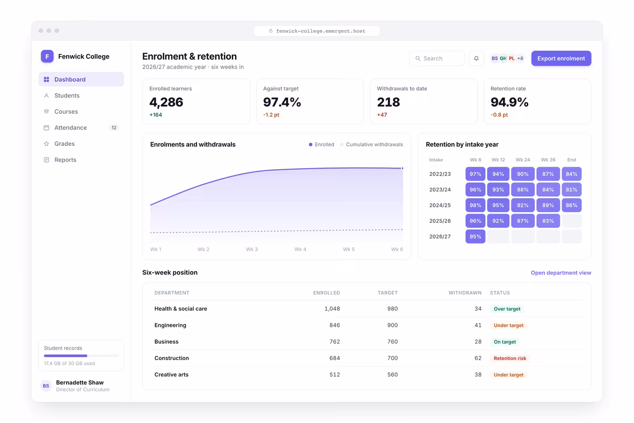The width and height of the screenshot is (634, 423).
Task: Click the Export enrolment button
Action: pyautogui.click(x=561, y=58)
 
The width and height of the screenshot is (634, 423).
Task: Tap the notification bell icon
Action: pyautogui.click(x=477, y=58)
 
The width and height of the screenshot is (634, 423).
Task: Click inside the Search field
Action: pyautogui.click(x=437, y=58)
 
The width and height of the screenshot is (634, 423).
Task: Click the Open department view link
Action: pyautogui.click(x=561, y=272)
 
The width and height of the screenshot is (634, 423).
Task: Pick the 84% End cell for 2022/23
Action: pyautogui.click(x=572, y=174)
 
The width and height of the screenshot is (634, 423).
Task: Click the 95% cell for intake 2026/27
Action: pyautogui.click(x=475, y=236)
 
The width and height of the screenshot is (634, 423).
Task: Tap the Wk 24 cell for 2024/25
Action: pyautogui.click(x=523, y=205)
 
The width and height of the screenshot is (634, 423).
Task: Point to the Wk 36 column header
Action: pyautogui.click(x=548, y=160)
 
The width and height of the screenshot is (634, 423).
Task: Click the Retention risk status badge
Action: pyautogui.click(x=510, y=358)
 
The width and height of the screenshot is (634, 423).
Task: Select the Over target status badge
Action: pyautogui.click(x=507, y=309)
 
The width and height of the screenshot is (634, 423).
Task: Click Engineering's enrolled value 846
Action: pyautogui.click(x=334, y=325)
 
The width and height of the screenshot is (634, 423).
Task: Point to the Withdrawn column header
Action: pyautogui.click(x=465, y=293)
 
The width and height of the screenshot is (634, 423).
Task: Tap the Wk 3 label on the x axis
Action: pyautogui.click(x=251, y=250)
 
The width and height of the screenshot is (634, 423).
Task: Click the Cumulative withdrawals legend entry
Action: pyautogui.click(x=371, y=144)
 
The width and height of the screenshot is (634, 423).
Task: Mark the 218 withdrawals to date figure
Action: pyautogui.click(x=388, y=102)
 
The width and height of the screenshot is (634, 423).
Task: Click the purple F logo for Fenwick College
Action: pyautogui.click(x=47, y=57)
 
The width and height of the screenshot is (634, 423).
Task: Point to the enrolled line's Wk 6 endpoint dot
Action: pyautogui.click(x=403, y=168)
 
